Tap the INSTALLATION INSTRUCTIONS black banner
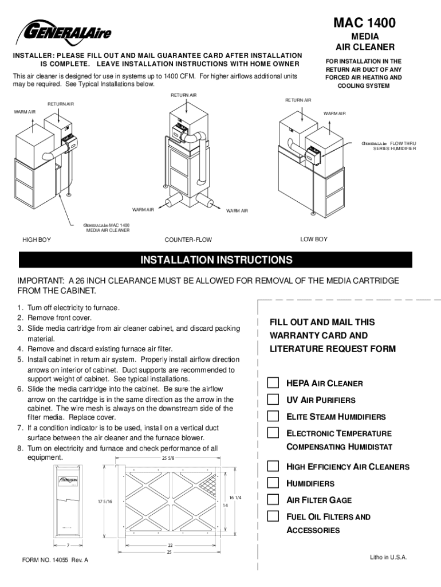coord(216,260)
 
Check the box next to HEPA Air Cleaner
coord(274,383)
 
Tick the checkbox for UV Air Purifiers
coord(274,400)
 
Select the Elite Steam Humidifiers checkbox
coord(274,416)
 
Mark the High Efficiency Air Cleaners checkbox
coord(274,466)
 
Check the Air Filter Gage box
coord(274,499)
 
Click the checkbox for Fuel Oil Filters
coord(274,516)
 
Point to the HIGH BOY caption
coord(36,239)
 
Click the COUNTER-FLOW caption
coord(188,239)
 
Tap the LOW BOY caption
coord(314,239)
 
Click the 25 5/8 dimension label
coord(168,458)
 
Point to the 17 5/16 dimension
coord(105,502)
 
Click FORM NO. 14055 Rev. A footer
coord(55,560)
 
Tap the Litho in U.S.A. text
coord(388,557)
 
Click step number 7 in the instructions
coord(19,428)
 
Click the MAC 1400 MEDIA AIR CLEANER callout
coord(107,228)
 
